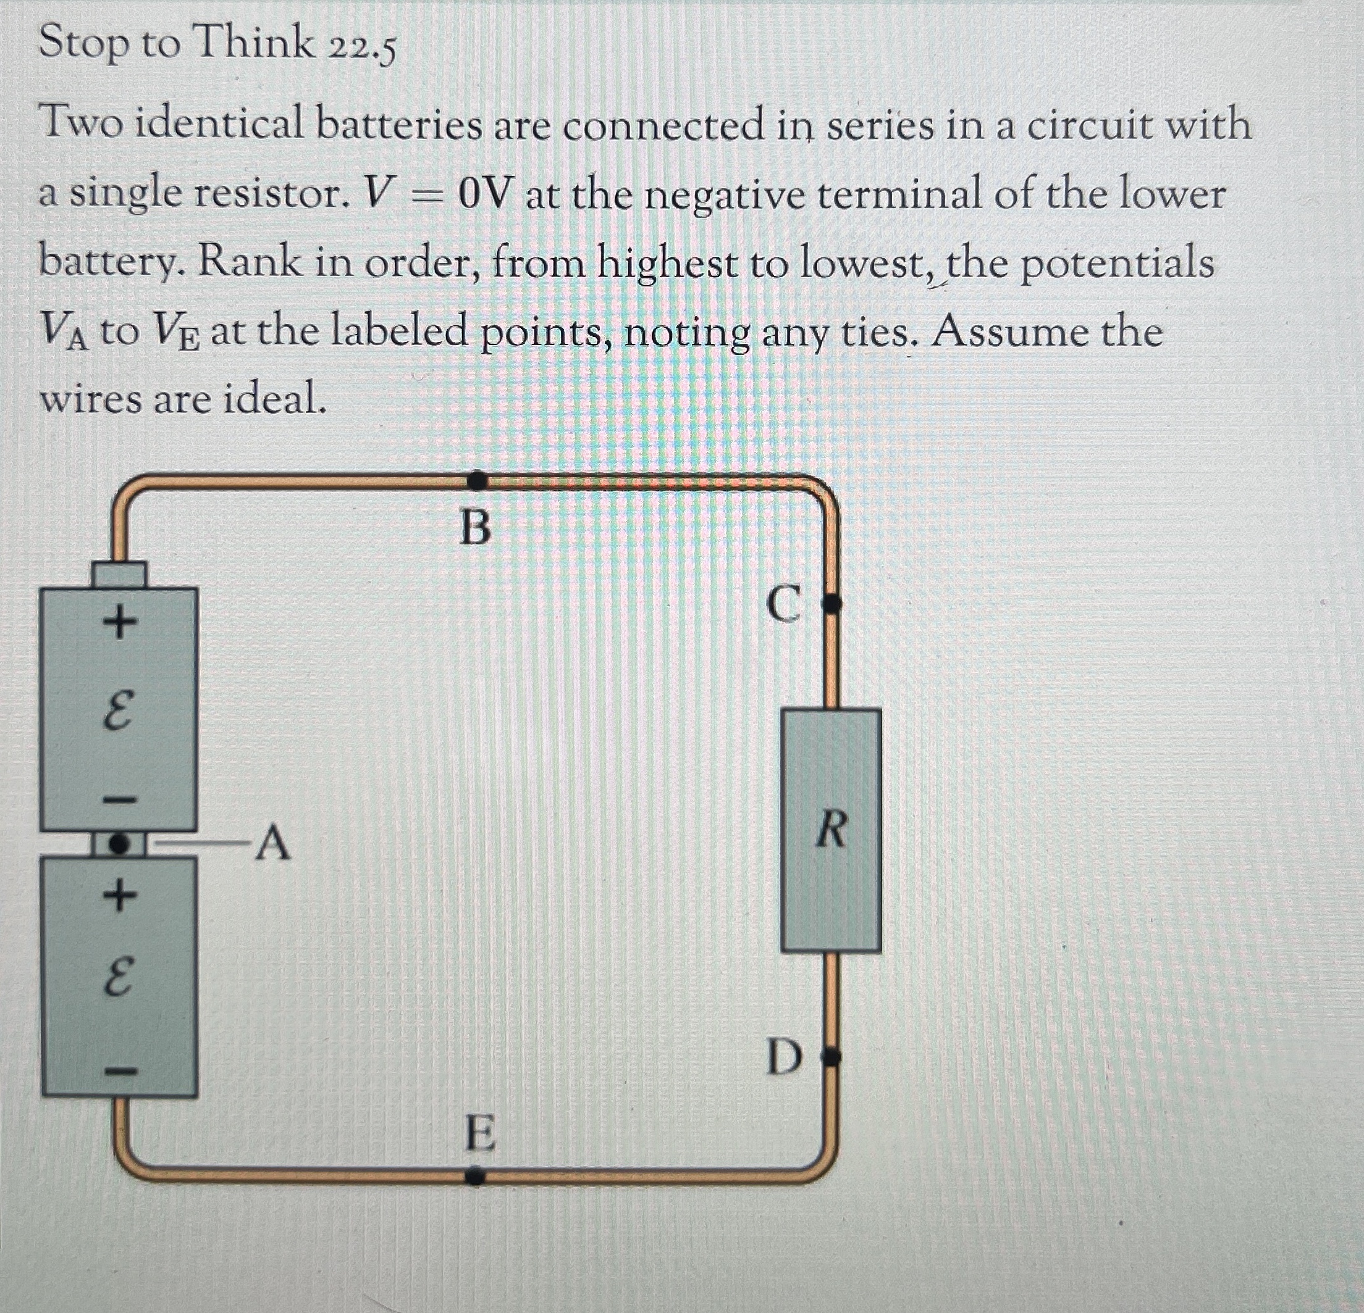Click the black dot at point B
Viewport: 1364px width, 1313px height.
(x=477, y=479)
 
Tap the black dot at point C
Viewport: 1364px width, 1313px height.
(x=832, y=604)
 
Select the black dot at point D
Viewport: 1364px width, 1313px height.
(x=832, y=1058)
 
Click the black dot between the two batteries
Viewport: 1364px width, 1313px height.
(x=120, y=844)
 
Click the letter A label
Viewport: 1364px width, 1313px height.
(x=273, y=844)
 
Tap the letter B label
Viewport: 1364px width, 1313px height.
(x=476, y=528)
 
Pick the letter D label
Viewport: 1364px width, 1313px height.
(x=785, y=1058)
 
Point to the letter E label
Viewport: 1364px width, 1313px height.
(x=480, y=1133)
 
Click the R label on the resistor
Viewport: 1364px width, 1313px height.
(x=831, y=830)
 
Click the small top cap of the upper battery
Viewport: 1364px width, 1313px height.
(x=120, y=575)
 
